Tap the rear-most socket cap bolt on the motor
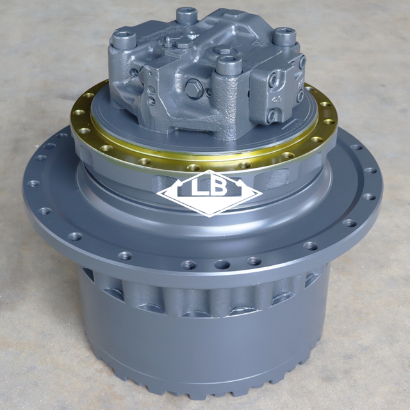tap(186, 13)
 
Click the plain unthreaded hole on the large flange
tap(222, 264)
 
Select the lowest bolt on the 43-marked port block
tap(270, 116)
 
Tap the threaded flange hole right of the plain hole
tap(254, 261)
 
